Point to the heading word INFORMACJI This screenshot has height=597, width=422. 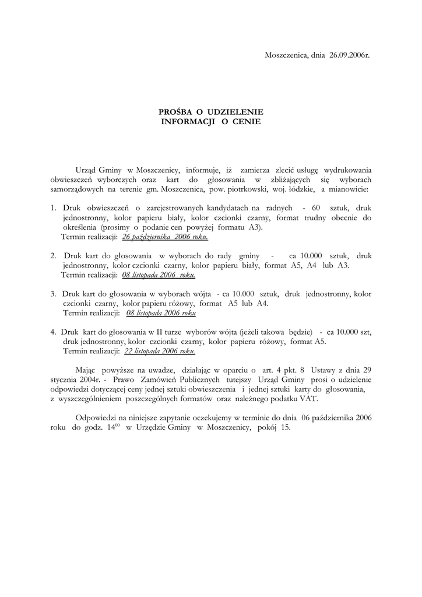click(x=187, y=122)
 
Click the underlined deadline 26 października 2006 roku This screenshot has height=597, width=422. click(x=165, y=238)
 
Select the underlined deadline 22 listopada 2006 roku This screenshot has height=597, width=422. click(x=160, y=352)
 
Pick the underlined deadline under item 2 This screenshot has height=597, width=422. click(x=159, y=275)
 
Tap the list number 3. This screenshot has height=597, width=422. click(x=53, y=294)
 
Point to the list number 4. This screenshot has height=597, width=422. click(x=53, y=332)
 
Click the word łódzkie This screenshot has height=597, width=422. click(x=297, y=189)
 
